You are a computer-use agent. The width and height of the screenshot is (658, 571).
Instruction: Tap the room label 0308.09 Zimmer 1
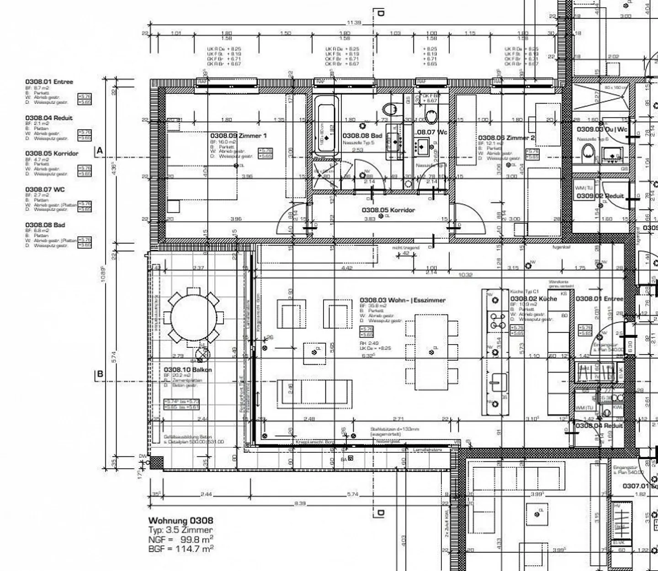[238, 136]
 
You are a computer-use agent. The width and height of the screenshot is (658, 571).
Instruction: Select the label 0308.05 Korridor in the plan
[388, 210]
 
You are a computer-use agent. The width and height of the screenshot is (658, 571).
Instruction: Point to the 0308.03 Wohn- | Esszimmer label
[402, 300]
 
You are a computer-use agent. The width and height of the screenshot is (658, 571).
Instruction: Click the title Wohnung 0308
[180, 520]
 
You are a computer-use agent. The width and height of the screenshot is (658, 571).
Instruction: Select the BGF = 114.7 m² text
[180, 549]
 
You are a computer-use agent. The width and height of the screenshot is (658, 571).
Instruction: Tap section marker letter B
[100, 374]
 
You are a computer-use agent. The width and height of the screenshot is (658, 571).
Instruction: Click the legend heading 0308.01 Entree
[49, 82]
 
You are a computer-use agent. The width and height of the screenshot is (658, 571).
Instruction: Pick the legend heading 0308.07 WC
[45, 189]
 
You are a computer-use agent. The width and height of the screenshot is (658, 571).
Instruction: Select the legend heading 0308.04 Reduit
[48, 118]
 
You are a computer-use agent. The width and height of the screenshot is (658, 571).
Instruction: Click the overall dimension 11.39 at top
[354, 23]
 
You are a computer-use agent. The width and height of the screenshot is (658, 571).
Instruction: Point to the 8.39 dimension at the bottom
[300, 503]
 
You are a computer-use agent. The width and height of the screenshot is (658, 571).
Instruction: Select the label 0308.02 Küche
[533, 299]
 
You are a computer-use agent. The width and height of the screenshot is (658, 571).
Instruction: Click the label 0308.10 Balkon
[187, 370]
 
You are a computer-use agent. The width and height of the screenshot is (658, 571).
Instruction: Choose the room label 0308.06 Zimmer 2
[506, 137]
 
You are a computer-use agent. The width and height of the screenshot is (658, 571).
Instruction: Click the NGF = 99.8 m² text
[180, 539]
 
